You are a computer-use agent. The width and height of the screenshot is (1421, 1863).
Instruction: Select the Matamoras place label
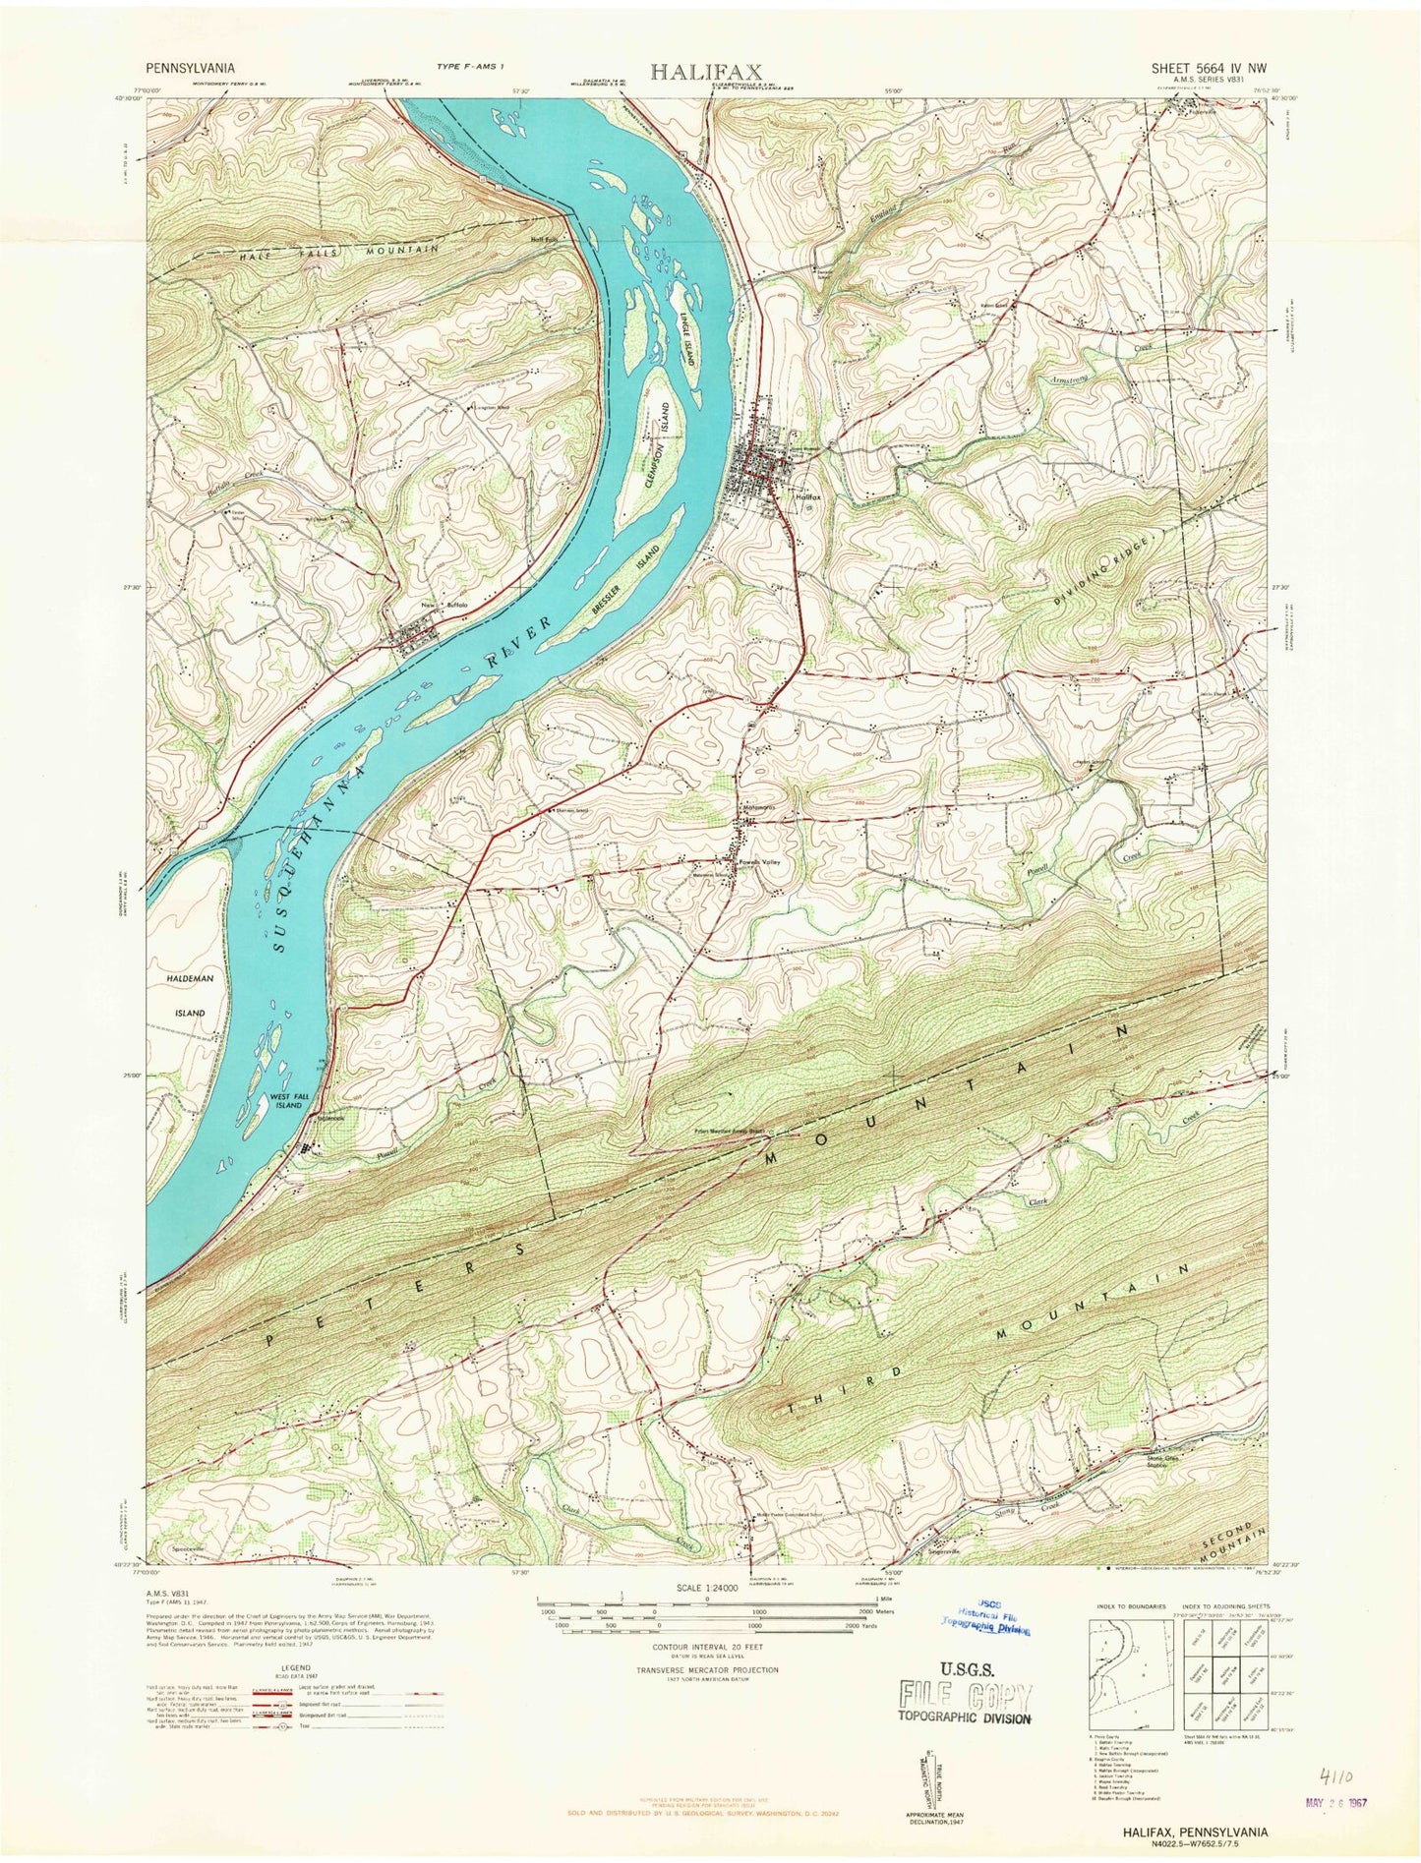pos(760,808)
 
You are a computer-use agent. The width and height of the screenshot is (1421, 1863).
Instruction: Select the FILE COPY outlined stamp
pos(965,1695)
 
